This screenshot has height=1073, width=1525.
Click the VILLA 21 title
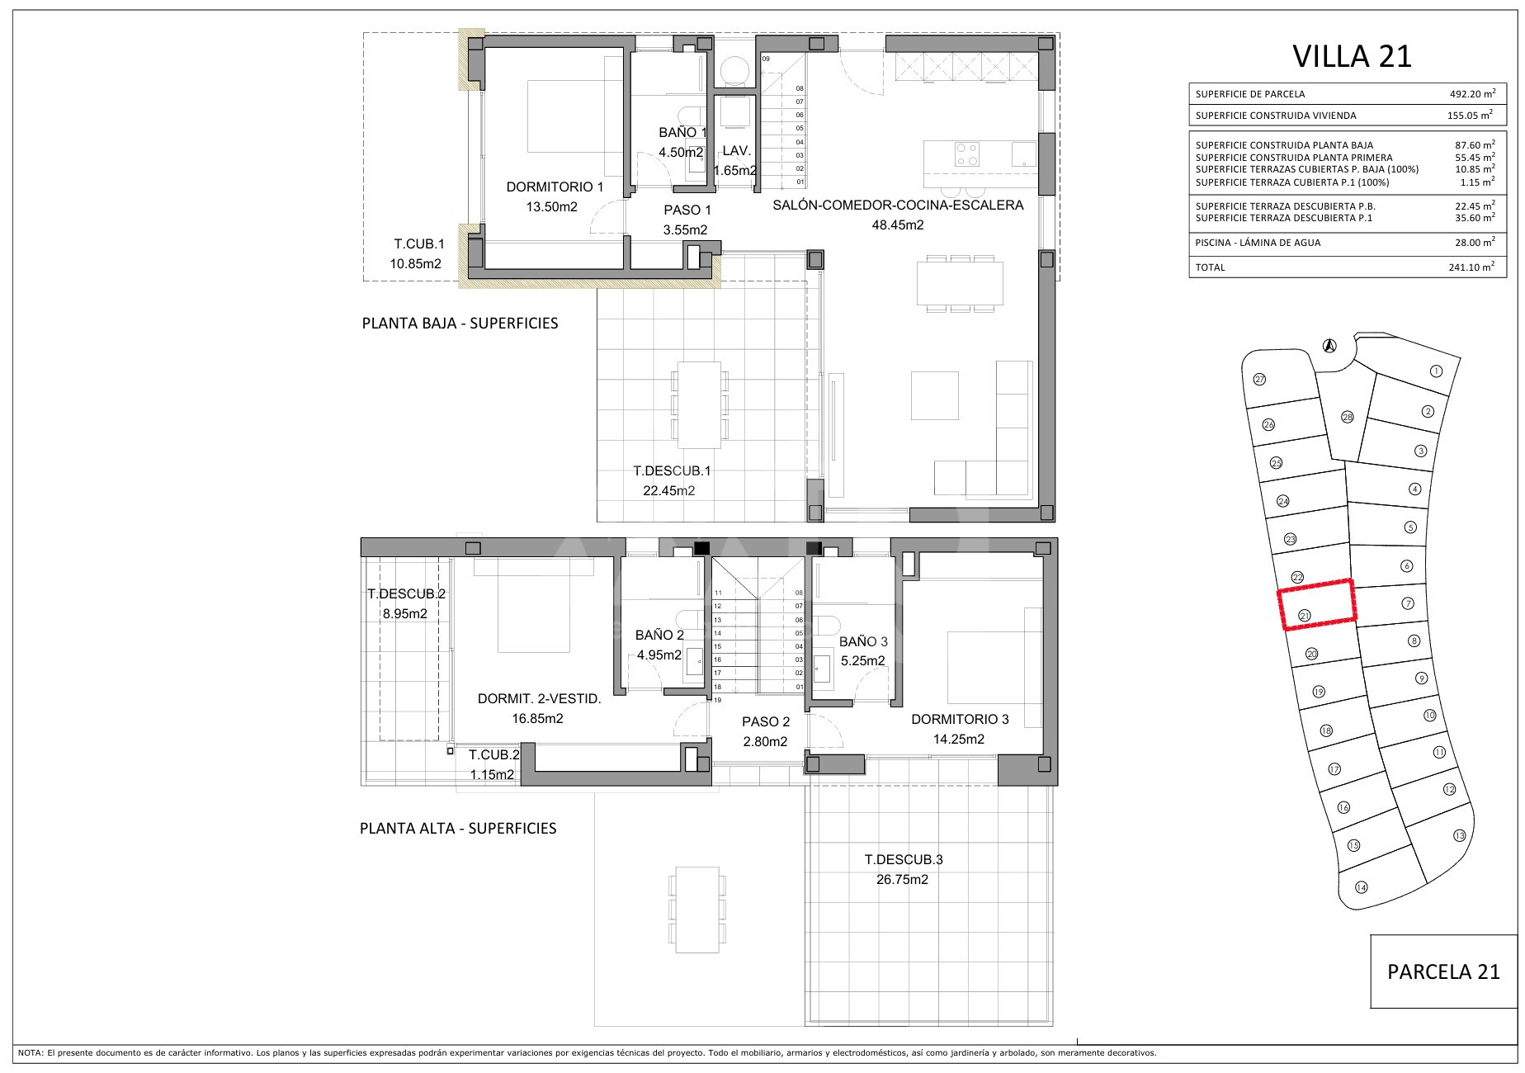1352,56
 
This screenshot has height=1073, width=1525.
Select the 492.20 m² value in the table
1471,93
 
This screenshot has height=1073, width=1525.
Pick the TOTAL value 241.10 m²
1471,267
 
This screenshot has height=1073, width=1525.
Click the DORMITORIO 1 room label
555,187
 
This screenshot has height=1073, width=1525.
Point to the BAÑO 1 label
682,133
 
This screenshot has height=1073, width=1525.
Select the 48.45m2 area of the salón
898,225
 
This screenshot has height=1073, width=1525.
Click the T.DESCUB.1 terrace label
672,471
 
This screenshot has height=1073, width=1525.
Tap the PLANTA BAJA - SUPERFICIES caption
460,323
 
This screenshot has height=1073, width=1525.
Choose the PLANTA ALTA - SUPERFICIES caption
458,828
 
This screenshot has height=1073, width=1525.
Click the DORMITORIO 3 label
960,720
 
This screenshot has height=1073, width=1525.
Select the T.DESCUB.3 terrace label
904,859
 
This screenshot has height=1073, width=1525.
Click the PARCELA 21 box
1443,971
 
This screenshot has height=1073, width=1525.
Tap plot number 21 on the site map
1305,615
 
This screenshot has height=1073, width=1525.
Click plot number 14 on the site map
1362,887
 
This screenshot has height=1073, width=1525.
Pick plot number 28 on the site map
1348,417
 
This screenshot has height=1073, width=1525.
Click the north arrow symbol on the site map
1329,346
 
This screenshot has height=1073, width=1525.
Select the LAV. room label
735,151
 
